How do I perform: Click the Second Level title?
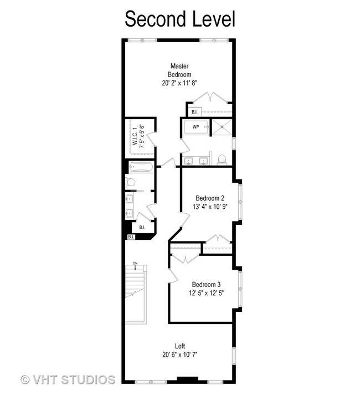tap(180, 19)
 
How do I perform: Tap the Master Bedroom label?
tap(179, 70)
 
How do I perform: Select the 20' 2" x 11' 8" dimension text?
tap(179, 83)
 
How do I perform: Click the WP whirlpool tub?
tap(197, 127)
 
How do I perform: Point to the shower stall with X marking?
tap(222, 126)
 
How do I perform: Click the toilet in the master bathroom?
tap(222, 160)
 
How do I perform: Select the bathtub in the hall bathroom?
tap(141, 167)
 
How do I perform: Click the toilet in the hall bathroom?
tap(130, 182)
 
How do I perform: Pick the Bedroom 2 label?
tap(210, 198)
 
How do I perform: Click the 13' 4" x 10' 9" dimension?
tap(210, 207)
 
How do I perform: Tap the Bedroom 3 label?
tap(206, 284)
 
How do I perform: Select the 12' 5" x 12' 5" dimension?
tap(206, 293)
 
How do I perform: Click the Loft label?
tap(180, 346)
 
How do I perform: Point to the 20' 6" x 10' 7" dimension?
tap(180, 355)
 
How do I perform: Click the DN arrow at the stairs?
tap(135, 267)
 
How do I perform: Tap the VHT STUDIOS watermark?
tap(68, 380)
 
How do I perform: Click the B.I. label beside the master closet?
tap(194, 112)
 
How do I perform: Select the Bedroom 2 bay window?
tap(240, 201)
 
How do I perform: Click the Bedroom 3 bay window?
tap(240, 289)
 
